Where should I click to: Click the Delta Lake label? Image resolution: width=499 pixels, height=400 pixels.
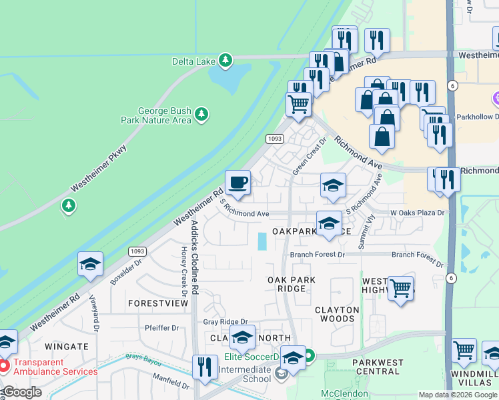point(196,61)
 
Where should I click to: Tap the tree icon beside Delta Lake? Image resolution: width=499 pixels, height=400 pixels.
point(226,61)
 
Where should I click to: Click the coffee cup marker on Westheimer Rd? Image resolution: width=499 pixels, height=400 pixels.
point(237,183)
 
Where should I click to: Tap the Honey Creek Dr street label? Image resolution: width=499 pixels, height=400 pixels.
point(183,272)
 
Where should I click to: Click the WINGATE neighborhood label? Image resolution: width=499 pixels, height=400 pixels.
point(67,347)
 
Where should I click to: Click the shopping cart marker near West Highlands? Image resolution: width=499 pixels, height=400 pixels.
point(400,289)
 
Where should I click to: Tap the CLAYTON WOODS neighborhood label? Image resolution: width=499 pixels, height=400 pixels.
point(337,314)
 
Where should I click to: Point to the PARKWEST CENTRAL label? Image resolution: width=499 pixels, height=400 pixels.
point(379,367)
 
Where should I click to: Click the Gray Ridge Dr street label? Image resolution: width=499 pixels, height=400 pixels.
point(225,322)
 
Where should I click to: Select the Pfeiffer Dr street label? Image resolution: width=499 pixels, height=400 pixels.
point(162,328)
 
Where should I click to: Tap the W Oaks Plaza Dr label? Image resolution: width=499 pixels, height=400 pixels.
point(417,213)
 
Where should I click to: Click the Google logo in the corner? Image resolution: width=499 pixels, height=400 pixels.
point(22,392)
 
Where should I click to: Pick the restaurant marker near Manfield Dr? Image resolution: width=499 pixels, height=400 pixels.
point(205,367)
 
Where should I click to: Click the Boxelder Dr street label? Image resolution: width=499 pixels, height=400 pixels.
point(127,272)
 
